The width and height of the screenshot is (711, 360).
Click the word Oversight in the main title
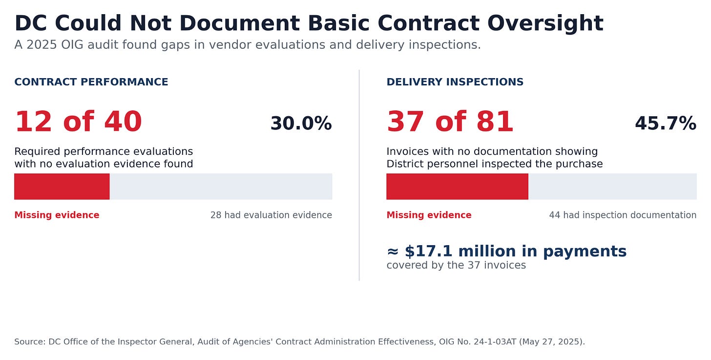[x=545, y=24]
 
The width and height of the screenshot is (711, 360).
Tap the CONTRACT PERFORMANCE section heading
[x=91, y=82]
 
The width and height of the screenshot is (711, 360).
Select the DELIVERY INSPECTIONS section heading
[x=455, y=82]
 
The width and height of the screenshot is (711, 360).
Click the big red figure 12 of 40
[x=78, y=122]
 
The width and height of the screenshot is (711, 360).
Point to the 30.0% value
[x=301, y=124]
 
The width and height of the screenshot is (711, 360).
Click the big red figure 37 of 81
[x=450, y=122]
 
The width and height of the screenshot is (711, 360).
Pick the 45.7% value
[x=666, y=124]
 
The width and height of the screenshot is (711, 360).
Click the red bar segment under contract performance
[x=62, y=186]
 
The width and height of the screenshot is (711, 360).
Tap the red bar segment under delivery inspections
[x=458, y=186]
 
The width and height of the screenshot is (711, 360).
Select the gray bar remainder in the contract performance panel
[x=221, y=186]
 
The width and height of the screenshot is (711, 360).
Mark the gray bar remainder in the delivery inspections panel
[x=612, y=186]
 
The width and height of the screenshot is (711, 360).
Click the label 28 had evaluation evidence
[x=271, y=215]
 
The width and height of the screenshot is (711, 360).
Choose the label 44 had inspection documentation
[x=623, y=215]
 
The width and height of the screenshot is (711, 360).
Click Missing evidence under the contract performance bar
[x=57, y=215]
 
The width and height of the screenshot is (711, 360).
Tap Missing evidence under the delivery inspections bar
[x=429, y=215]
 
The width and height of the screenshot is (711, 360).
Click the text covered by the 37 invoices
[x=456, y=265]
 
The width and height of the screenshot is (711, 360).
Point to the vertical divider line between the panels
[x=359, y=175]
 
